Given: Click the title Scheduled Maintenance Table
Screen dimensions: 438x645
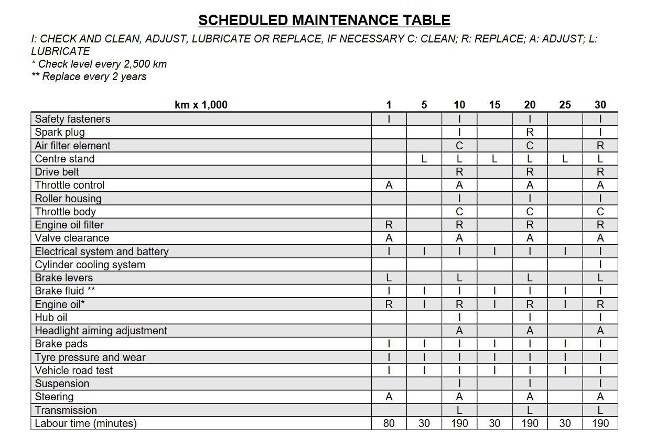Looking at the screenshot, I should (324, 20).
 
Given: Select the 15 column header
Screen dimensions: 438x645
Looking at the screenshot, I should (494, 105).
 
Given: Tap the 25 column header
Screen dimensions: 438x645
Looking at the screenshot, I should (565, 105).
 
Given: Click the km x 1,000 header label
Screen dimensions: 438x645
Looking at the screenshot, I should (201, 105).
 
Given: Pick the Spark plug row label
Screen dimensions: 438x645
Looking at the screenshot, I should (60, 133).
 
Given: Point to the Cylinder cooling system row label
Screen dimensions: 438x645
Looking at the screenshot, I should (90, 265).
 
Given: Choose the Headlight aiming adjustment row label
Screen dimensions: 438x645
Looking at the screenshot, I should (101, 331).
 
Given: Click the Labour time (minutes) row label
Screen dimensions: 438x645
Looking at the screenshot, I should (85, 423).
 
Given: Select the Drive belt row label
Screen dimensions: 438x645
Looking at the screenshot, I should (57, 172).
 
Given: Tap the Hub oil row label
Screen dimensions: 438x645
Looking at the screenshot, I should (51, 317).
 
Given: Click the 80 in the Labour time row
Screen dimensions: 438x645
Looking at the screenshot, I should (389, 423).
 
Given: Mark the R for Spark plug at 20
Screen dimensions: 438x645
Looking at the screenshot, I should (530, 133).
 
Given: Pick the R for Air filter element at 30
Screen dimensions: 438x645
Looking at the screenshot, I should (600, 146).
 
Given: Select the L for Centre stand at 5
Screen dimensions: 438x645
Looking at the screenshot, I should (424, 159).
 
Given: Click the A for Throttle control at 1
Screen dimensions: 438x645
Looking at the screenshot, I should (389, 185).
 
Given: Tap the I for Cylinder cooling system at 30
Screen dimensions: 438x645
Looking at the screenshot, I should (600, 265).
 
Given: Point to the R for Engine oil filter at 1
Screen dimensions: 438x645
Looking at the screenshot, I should (389, 225).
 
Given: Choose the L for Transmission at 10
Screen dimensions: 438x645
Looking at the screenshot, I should (459, 410).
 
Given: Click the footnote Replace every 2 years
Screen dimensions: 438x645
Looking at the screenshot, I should (89, 77).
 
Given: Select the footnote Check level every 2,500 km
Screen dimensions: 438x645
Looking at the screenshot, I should (99, 64).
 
